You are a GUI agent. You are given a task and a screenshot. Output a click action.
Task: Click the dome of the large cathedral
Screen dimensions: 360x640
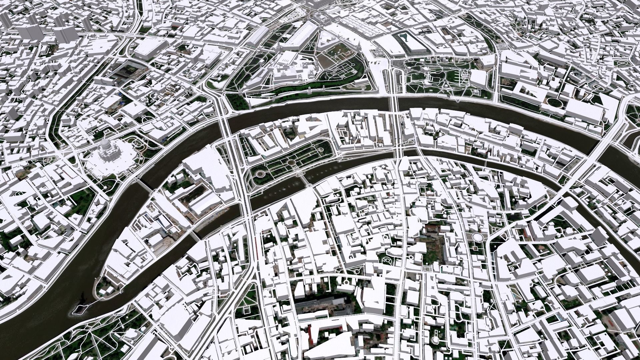[x=105, y=144]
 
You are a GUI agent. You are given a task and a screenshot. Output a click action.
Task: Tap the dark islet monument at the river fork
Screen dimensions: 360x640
[x=79, y=308]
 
